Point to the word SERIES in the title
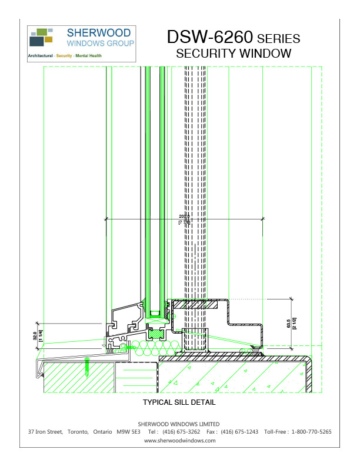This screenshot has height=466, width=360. point(279,39)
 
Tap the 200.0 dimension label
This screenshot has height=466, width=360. point(184,217)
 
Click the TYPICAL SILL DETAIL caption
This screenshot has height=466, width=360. point(179,403)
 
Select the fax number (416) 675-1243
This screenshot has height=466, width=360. point(239,432)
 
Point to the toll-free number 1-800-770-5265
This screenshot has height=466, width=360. point(311,432)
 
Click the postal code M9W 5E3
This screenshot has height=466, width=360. point(128,432)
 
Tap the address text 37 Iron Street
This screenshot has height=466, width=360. point(45,432)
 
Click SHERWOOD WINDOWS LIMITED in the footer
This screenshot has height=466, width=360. point(179,424)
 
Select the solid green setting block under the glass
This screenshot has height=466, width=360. point(157,333)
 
